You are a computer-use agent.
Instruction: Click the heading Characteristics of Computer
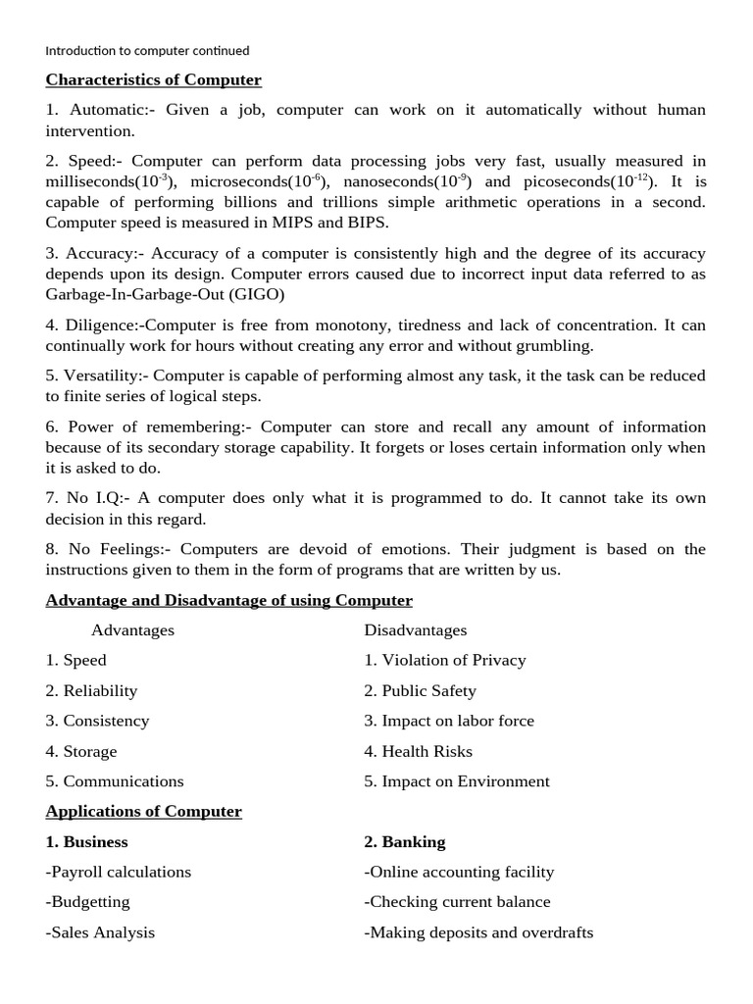pyautogui.click(x=153, y=79)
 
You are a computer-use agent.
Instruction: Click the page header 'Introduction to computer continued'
pyautogui.click(x=147, y=50)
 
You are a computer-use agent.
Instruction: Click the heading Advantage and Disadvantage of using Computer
pyautogui.click(x=228, y=600)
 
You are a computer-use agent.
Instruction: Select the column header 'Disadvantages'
pyautogui.click(x=416, y=630)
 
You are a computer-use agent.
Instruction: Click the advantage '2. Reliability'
pyautogui.click(x=91, y=691)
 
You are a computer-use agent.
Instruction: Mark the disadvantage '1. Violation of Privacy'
pyautogui.click(x=445, y=660)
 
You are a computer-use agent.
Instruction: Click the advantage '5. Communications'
pyautogui.click(x=114, y=781)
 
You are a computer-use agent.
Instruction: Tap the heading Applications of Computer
pyautogui.click(x=143, y=812)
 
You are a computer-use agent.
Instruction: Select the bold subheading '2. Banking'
pyautogui.click(x=404, y=842)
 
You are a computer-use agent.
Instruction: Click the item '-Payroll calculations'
pyautogui.click(x=118, y=872)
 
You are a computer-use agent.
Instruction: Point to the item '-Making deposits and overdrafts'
pyautogui.click(x=478, y=932)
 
